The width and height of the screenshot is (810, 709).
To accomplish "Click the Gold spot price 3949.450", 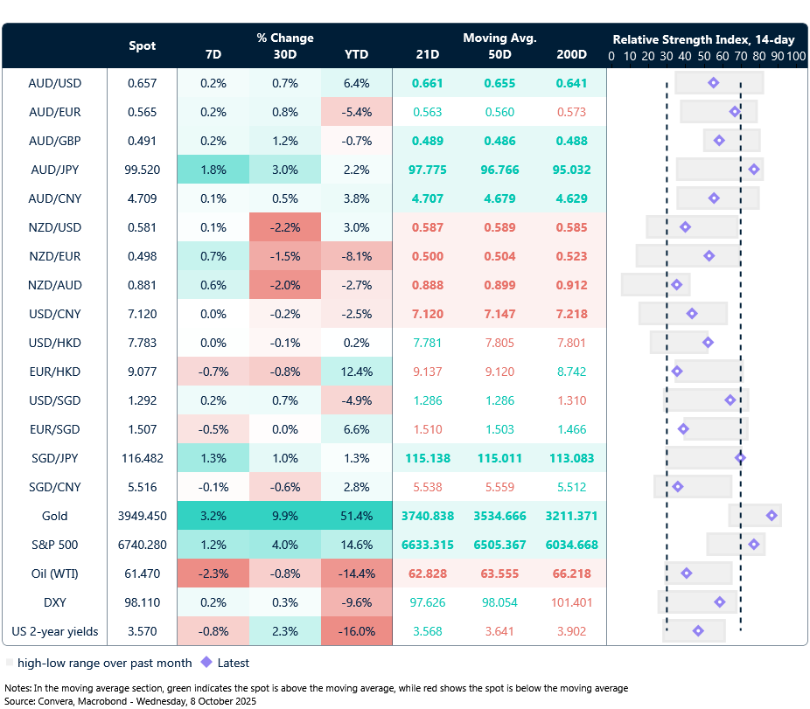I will pyautogui.click(x=143, y=516).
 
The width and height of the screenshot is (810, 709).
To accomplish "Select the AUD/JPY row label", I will pyautogui.click(x=54, y=170).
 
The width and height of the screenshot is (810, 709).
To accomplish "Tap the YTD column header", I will pyautogui.click(x=356, y=55).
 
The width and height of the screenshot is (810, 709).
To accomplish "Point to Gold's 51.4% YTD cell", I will pyautogui.click(x=356, y=516).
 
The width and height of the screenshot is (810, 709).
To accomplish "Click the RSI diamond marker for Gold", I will pyautogui.click(x=772, y=516).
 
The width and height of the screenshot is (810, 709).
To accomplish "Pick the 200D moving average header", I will pyautogui.click(x=571, y=55).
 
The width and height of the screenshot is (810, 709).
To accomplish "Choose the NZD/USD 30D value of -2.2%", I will pyautogui.click(x=285, y=227).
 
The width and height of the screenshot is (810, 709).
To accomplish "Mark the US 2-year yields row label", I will pyautogui.click(x=54, y=631).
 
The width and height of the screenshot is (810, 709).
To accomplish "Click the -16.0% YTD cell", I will pyautogui.click(x=356, y=631).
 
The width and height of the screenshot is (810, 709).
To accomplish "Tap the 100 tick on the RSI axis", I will pyautogui.click(x=795, y=55).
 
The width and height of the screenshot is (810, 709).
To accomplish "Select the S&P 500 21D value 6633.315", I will pyautogui.click(x=428, y=545).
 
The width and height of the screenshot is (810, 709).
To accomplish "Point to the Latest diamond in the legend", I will pyautogui.click(x=206, y=662).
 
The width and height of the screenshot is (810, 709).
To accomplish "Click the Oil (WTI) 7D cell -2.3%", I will pyautogui.click(x=213, y=573).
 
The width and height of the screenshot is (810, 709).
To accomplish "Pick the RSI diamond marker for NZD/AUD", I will pyautogui.click(x=676, y=285).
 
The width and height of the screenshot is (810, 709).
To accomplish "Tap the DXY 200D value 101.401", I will pyautogui.click(x=571, y=602).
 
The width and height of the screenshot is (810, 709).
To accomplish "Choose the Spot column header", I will pyautogui.click(x=143, y=45).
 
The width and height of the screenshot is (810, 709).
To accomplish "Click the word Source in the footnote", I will pyautogui.click(x=21, y=701).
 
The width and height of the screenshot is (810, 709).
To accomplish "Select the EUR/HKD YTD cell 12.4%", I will pyautogui.click(x=356, y=372).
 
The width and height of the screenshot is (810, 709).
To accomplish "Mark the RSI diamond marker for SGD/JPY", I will pyautogui.click(x=740, y=457).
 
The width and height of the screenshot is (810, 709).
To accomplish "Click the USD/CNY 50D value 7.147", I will pyautogui.click(x=499, y=314).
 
